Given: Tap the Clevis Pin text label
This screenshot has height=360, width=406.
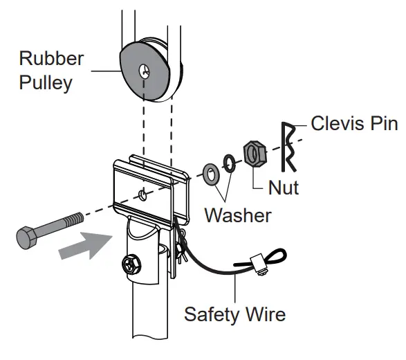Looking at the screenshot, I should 354,124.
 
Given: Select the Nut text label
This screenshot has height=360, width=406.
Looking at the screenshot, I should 284,187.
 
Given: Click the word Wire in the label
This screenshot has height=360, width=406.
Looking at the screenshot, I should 265,314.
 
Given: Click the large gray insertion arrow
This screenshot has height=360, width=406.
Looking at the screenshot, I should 86,245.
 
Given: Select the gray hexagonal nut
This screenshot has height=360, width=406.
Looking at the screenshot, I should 253,154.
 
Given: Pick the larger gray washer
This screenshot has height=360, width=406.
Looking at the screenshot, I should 209,174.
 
